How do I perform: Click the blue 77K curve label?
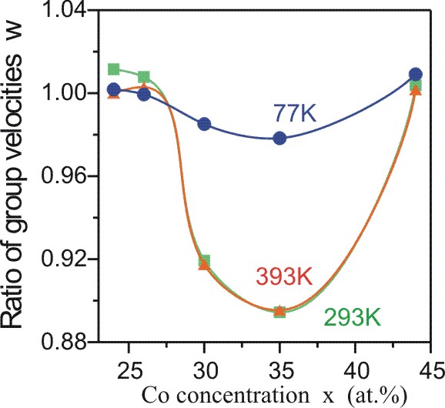pos(295,113)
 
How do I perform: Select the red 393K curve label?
pos(284,276)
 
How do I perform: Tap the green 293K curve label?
pos(352,317)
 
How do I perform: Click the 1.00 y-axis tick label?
pos(64,93)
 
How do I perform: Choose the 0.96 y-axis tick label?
pos(64,176)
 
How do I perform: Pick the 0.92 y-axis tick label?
pos(64,259)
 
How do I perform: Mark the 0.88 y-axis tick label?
pos(64,340)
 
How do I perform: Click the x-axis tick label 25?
pos(129,370)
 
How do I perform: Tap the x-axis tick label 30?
pos(204,370)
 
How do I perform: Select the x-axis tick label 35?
pos(279,370)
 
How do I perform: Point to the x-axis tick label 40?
pos(355,370)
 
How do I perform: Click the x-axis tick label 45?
pos(431,370)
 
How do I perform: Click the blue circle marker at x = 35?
pos(279,138)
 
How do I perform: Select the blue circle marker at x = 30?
pos(204,124)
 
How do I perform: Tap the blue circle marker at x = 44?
pos(416,75)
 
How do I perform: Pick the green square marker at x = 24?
pos(114,69)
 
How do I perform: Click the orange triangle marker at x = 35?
pos(279,311)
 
